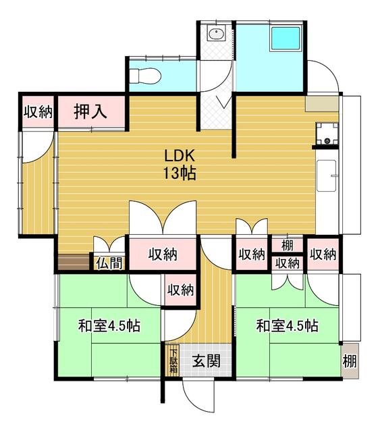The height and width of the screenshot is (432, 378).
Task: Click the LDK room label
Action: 180,156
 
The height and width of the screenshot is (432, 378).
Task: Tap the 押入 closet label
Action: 90,111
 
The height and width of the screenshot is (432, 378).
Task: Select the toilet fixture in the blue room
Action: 145,76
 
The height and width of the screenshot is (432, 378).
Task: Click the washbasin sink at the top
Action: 217,34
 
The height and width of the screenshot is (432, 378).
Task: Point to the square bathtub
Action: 285,38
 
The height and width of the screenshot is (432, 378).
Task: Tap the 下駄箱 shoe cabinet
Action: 173,360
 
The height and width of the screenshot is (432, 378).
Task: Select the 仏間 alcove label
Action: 109,263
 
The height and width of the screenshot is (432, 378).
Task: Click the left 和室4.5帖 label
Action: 109,325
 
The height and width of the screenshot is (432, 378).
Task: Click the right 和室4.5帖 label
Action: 288,325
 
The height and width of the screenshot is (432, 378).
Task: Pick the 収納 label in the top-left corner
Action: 38,112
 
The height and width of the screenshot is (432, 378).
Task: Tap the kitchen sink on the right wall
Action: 327,175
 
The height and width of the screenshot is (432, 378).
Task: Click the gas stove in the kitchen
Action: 327,134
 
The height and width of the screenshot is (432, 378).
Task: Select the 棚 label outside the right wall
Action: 350,360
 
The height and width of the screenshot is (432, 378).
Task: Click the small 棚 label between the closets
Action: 288,245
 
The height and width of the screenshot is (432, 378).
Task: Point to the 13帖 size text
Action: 180,173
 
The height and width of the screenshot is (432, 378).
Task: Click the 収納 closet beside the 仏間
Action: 163,254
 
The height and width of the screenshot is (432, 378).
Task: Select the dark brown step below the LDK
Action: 74,262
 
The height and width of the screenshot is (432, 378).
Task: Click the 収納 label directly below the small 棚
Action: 288,263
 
